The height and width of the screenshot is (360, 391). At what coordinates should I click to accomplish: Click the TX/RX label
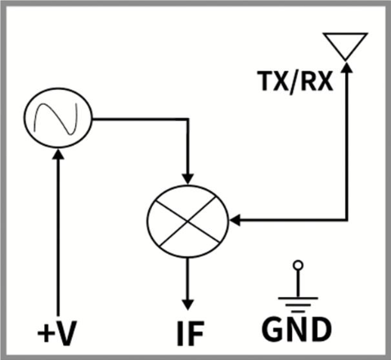coord(295,81)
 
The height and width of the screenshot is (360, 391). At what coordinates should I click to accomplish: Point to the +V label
coord(56,333)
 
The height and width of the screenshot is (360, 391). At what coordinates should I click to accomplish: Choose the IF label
coord(191,333)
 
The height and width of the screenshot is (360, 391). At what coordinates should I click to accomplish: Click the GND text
coord(297,329)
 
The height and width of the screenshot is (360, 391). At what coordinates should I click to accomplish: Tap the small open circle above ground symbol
coord(298,265)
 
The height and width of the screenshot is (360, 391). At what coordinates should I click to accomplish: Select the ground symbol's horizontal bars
coord(298,304)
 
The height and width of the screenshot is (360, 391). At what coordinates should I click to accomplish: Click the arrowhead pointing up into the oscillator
coord(58,154)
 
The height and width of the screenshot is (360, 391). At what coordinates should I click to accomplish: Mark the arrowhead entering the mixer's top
coord(187,179)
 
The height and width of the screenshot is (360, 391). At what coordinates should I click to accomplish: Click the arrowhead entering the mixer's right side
coord(235,220)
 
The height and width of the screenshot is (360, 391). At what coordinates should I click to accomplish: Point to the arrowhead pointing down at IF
coord(187,304)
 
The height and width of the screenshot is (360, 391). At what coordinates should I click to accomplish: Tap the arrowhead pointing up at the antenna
coord(347,67)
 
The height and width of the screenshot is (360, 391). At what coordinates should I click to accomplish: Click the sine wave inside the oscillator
coord(56,118)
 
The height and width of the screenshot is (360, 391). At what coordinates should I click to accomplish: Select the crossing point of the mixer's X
coord(188,222)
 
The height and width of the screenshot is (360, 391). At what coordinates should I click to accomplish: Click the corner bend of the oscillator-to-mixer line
coord(187,119)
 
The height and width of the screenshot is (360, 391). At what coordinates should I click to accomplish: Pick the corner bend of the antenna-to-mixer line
coord(347,219)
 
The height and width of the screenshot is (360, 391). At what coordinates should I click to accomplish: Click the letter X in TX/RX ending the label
coord(325,81)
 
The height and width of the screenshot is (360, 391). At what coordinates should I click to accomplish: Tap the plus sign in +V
coord(44,333)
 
